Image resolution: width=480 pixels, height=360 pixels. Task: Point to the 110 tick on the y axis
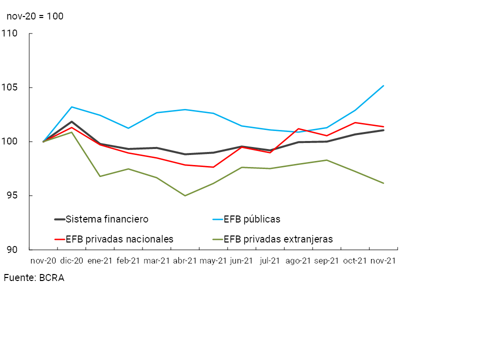9,33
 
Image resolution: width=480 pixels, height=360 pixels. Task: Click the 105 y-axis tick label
9,87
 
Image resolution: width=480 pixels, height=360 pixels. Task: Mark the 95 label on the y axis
12,195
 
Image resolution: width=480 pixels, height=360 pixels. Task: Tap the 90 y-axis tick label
12,249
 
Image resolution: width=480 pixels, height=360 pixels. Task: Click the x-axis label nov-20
43,261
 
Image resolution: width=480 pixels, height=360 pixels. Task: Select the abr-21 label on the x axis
185,261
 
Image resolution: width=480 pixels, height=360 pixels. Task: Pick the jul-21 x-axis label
270,261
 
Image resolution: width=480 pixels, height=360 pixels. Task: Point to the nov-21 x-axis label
383,261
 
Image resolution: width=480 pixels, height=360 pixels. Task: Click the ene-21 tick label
100,261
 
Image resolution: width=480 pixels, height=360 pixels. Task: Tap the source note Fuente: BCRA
34,278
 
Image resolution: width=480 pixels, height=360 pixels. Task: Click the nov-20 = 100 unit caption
35,16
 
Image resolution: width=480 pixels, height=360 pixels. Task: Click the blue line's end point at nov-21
383,85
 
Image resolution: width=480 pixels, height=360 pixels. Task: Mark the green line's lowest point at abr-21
185,195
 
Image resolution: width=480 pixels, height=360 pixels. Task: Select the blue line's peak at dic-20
72,107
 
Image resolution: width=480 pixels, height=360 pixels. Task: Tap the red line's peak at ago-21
298,129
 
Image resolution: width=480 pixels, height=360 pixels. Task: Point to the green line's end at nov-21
383,183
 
